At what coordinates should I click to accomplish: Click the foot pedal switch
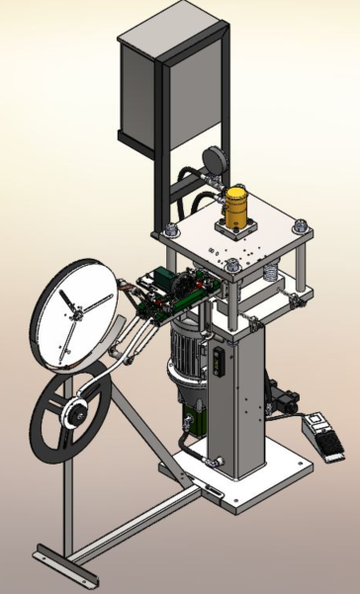(321, 436)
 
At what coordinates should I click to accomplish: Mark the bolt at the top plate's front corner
(229, 267)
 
